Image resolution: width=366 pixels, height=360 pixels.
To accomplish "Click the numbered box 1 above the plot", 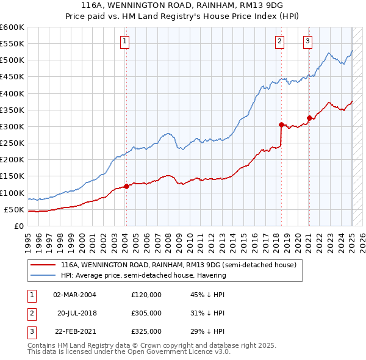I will (124, 41).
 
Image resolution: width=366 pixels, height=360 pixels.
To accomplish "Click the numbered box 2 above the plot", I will (279, 41).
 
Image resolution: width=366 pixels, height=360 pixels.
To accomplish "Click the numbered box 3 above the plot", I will (307, 41).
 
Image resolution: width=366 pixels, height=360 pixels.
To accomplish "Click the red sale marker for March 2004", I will (126, 186).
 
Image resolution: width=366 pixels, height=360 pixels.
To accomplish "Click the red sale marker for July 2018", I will (281, 124).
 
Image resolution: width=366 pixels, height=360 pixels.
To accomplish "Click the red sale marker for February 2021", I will (309, 118).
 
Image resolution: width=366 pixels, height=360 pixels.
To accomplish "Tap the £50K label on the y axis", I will (14, 209).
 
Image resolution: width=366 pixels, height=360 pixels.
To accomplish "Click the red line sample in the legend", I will (43, 265).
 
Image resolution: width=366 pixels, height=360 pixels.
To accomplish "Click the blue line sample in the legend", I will (43, 275).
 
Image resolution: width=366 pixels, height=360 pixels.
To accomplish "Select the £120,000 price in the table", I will (146, 294).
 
